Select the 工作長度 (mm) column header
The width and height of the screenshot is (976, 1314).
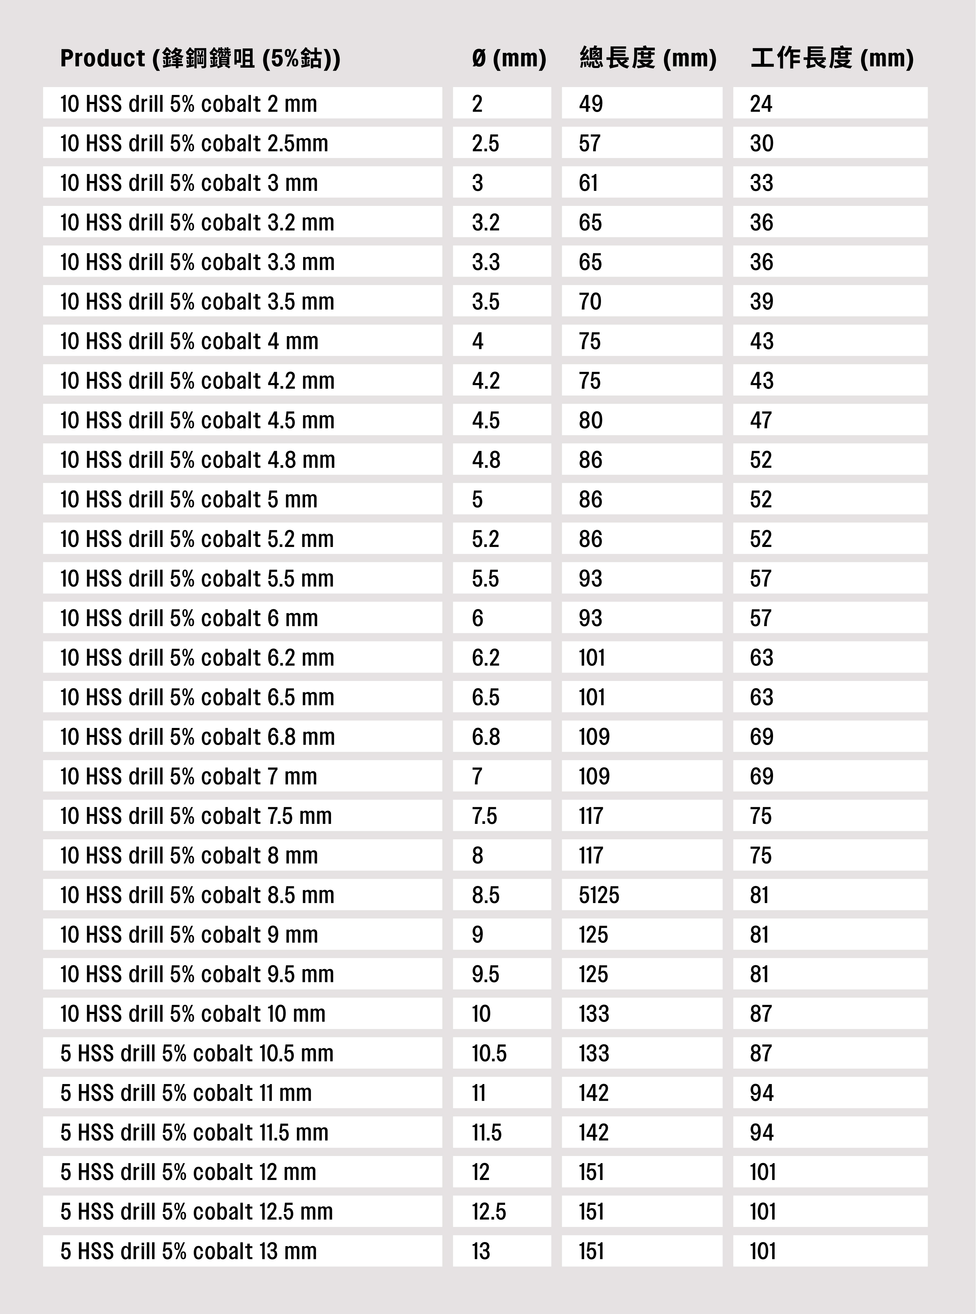(x=832, y=58)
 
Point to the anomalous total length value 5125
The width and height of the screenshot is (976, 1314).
(x=599, y=895)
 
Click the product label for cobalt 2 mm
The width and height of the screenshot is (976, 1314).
(x=189, y=104)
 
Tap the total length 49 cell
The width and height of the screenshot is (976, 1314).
(x=591, y=104)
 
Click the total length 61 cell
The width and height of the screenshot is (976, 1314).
(x=588, y=183)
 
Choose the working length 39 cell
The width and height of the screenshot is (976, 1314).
(x=762, y=302)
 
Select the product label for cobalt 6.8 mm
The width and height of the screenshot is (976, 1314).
(x=197, y=737)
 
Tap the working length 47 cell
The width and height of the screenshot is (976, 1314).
(x=761, y=421)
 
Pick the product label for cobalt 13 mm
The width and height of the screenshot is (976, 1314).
(x=189, y=1251)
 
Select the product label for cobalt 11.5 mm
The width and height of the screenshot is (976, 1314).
(x=194, y=1133)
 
